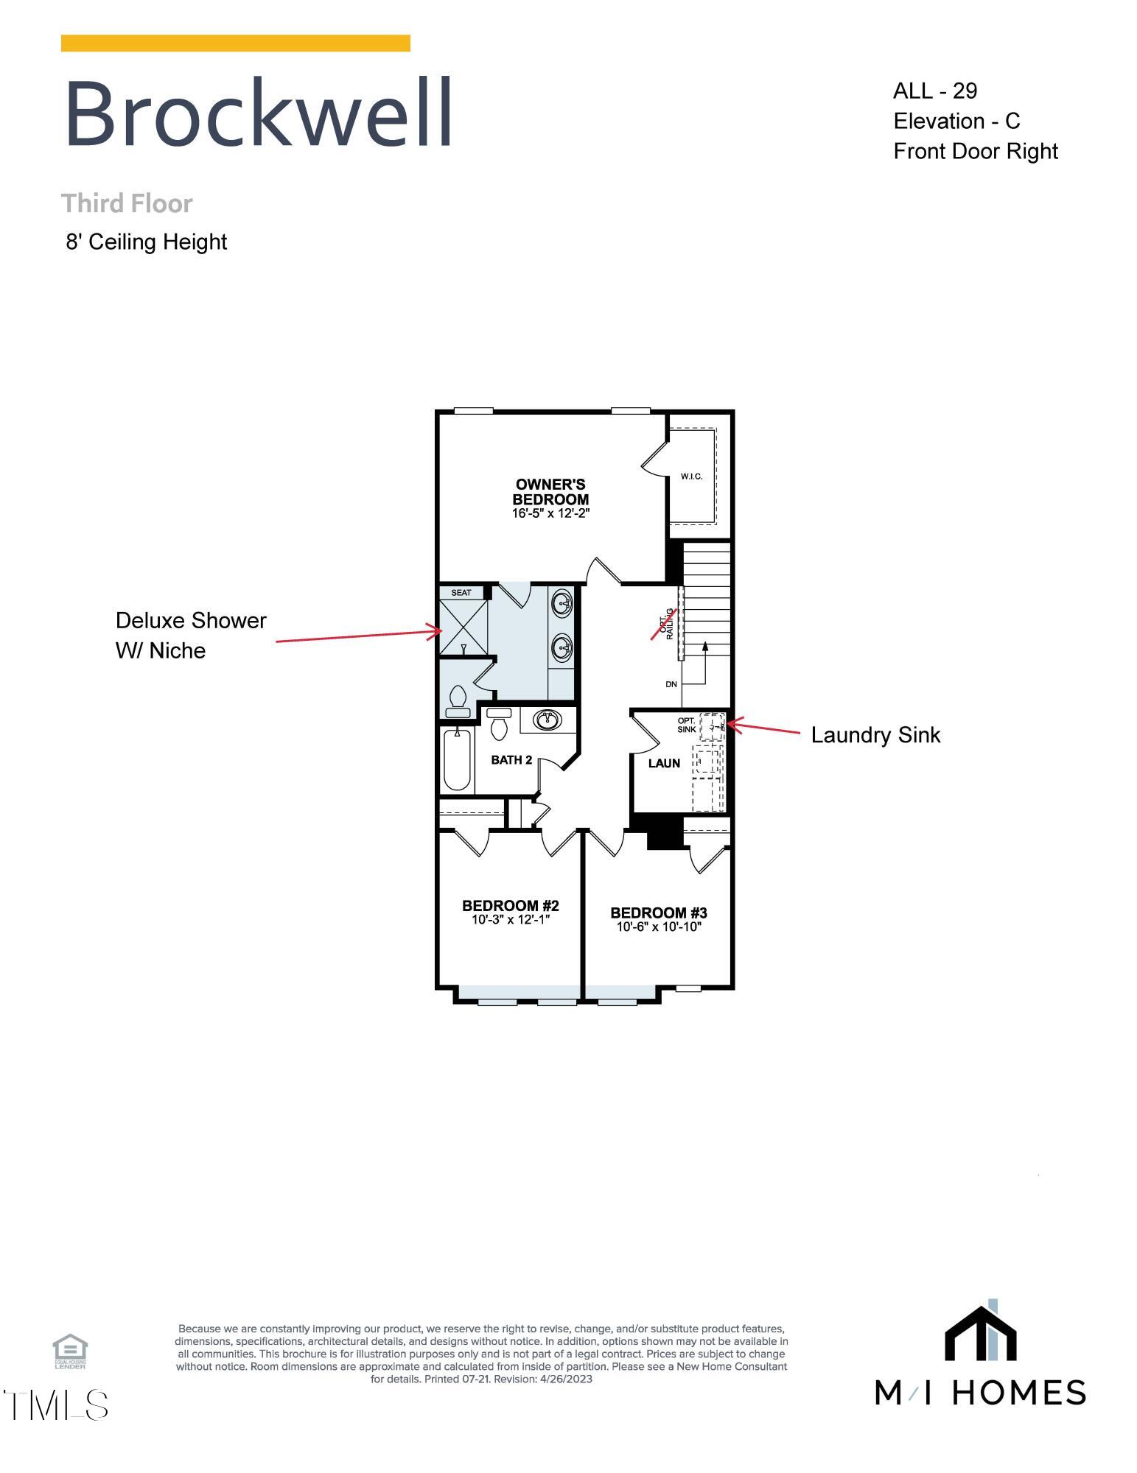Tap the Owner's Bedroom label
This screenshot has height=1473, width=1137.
pyautogui.click(x=551, y=492)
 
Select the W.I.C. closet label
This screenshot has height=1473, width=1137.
pyautogui.click(x=691, y=477)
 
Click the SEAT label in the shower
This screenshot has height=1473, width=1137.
pyautogui.click(x=461, y=592)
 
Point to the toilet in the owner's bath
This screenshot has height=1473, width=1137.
pyautogui.click(x=458, y=702)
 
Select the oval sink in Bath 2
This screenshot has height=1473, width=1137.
pyautogui.click(x=547, y=720)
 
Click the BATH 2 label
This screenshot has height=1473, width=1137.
pyautogui.click(x=511, y=759)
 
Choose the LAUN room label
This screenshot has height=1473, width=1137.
pyautogui.click(x=664, y=763)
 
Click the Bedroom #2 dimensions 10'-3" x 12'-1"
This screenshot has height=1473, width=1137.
pyautogui.click(x=511, y=920)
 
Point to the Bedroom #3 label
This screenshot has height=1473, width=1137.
pyautogui.click(x=659, y=913)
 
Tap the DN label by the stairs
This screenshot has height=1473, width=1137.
pyautogui.click(x=671, y=684)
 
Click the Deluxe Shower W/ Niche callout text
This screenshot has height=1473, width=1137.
pyautogui.click(x=191, y=635)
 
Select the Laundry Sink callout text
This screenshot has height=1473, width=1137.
pyautogui.click(x=875, y=735)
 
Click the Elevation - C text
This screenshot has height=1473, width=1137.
pyautogui.click(x=956, y=121)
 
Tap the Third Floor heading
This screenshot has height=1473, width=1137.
pyautogui.click(x=127, y=203)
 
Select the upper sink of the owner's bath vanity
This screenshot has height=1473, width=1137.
pyautogui.click(x=564, y=604)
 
